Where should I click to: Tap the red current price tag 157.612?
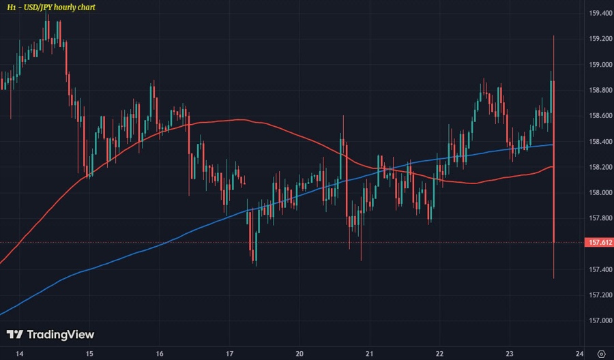(598, 242)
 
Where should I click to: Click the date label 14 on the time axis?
(19, 353)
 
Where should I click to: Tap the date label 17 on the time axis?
(230, 353)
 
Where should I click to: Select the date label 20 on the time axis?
(299, 353)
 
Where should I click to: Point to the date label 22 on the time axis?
(439, 353)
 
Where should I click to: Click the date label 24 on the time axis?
(579, 353)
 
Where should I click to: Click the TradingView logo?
(50, 335)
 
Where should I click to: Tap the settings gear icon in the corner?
(600, 353)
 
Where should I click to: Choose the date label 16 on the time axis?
(159, 353)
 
